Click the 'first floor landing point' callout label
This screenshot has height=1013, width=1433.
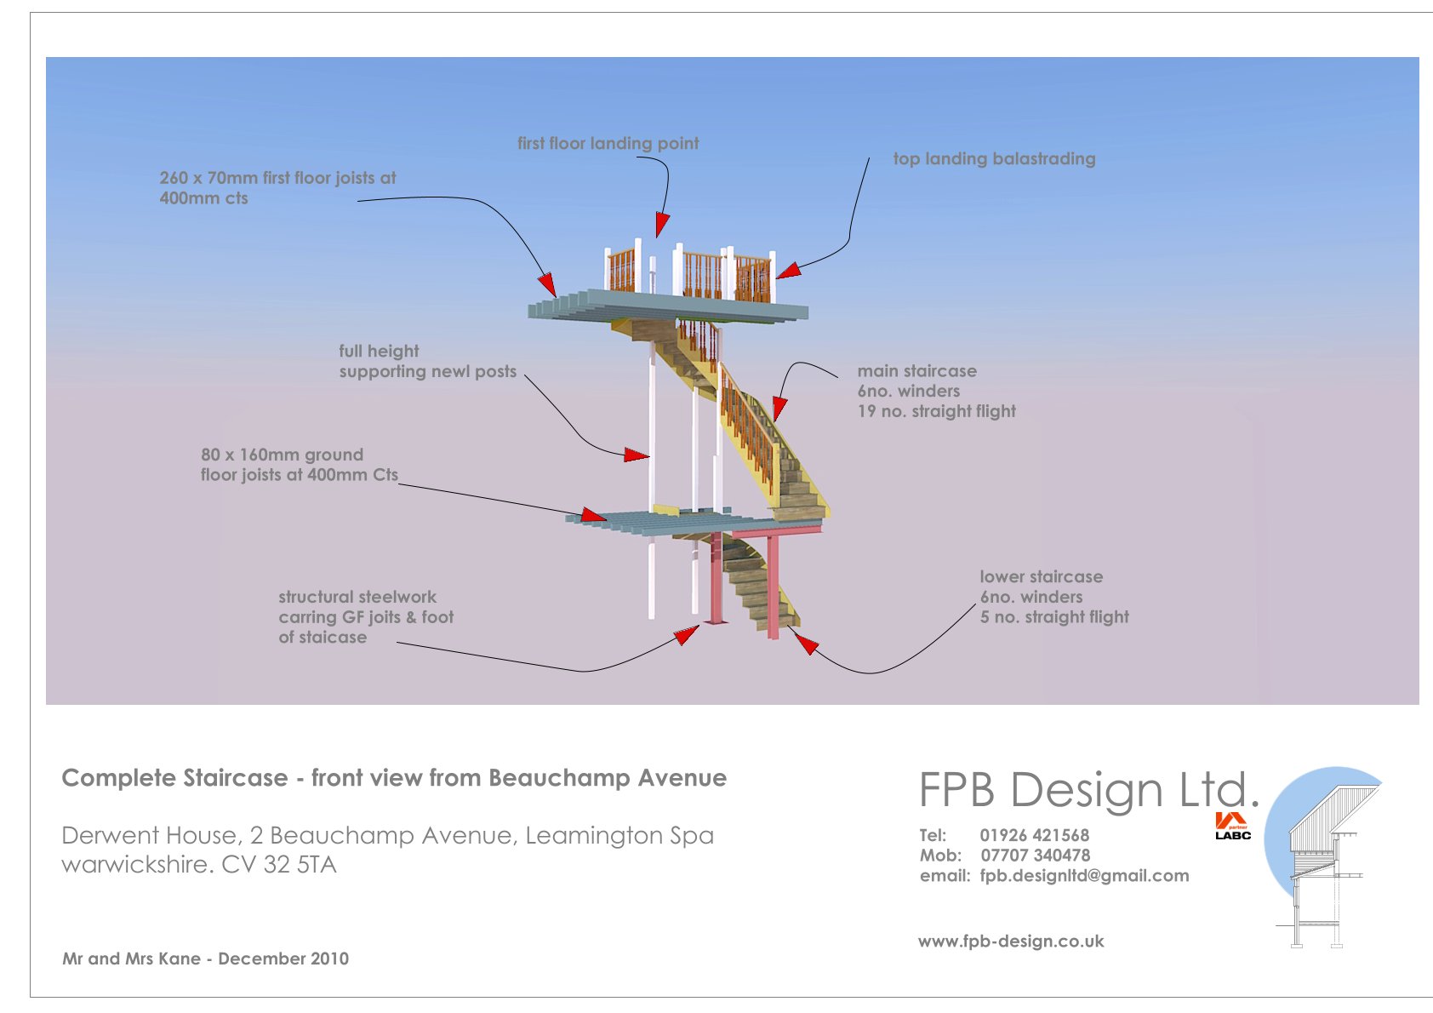[608, 144]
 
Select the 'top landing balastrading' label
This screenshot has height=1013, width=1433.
[994, 159]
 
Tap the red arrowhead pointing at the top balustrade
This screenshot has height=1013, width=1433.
[787, 271]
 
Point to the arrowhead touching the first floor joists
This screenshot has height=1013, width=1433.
[546, 283]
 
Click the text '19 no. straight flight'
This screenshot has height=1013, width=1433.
[936, 412]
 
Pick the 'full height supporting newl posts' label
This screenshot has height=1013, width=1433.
[427, 362]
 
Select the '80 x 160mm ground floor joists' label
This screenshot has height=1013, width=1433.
[299, 465]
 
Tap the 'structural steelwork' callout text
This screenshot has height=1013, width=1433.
[357, 598]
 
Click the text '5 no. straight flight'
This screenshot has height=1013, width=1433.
[1054, 617]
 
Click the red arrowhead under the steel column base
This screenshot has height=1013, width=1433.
[686, 635]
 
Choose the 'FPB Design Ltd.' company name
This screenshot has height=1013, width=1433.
[1088, 790]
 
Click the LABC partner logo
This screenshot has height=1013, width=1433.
[1232, 827]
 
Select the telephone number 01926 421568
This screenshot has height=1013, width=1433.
[1034, 836]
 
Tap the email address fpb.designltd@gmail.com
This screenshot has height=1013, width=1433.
[1084, 876]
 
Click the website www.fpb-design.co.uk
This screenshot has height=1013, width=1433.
[1011, 941]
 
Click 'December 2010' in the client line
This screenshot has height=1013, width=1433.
[283, 959]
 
